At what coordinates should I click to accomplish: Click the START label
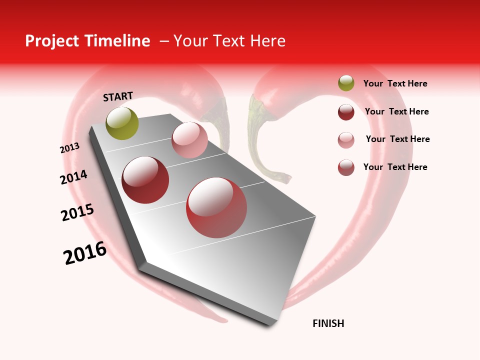tap(118, 96)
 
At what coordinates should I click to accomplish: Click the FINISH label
tap(328, 323)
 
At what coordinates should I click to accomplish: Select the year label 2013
tap(69, 148)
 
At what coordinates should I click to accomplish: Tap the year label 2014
tap(73, 177)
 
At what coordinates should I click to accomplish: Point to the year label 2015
tap(77, 212)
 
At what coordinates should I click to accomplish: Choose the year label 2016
tap(85, 253)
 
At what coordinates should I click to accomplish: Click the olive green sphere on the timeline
tap(122, 123)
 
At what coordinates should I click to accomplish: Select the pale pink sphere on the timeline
tap(189, 140)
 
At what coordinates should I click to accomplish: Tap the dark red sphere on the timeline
tap(145, 180)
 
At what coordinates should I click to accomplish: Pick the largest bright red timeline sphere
tap(216, 207)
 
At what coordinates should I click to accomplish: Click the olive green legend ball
tap(346, 83)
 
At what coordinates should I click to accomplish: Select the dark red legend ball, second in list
tap(346, 111)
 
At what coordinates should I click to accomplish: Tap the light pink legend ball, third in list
tap(346, 139)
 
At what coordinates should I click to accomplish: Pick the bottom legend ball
tap(346, 167)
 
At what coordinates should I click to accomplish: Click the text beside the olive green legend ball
tap(395, 83)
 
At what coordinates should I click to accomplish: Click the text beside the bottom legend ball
tap(395, 167)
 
